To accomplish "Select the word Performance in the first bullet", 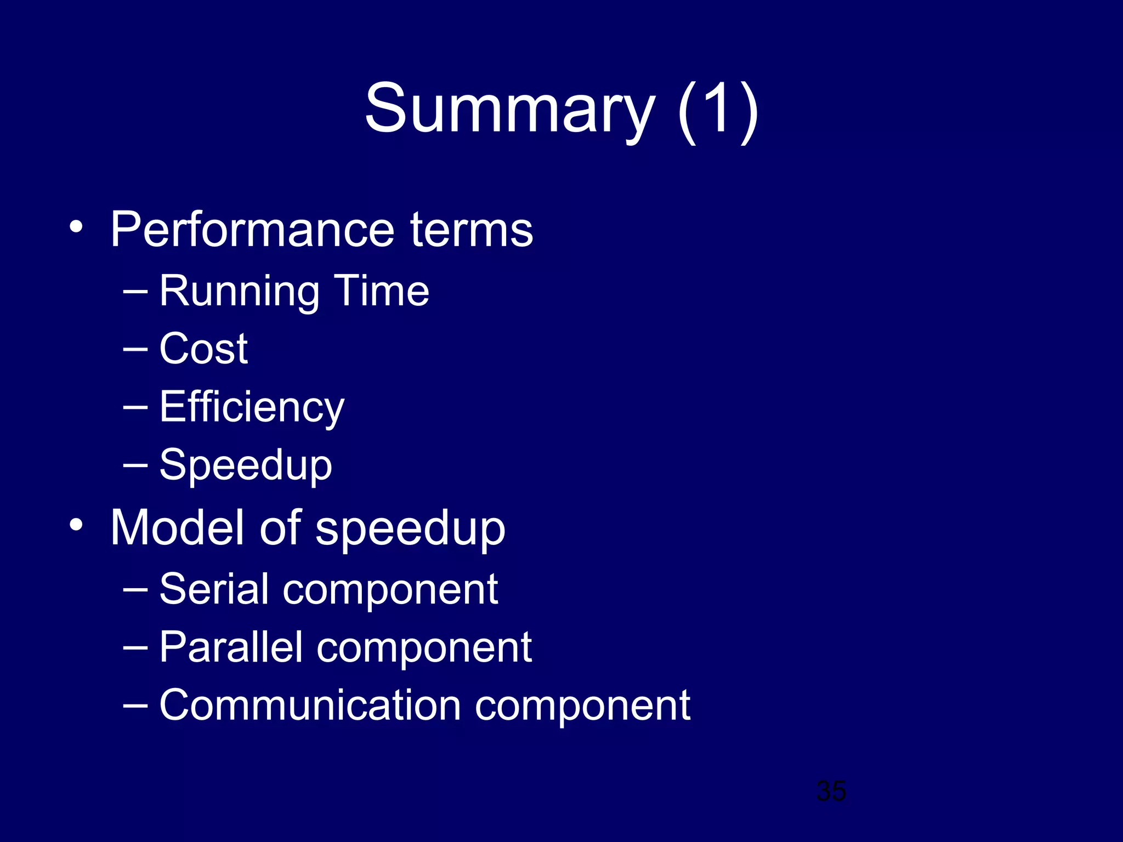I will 252,230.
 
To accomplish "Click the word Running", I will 239,292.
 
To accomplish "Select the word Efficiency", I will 252,408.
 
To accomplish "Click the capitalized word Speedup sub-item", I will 246,466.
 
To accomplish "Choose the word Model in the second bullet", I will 177,527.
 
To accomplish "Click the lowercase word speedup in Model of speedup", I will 410,530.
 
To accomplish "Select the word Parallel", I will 231,647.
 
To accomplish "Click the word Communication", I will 310,706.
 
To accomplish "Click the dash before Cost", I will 135,349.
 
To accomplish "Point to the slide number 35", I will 831,791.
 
